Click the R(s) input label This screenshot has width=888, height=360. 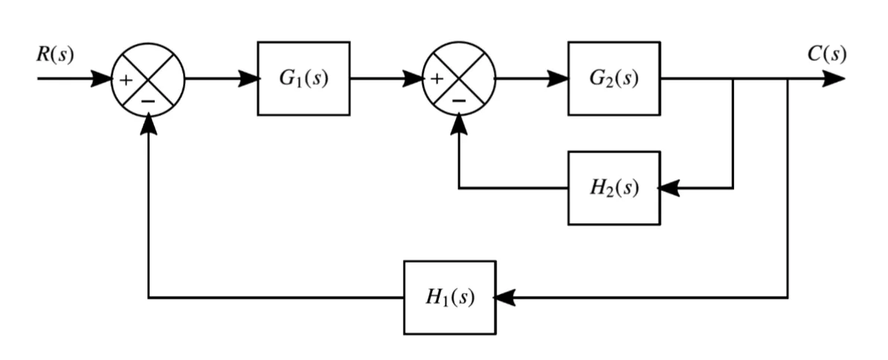(x=56, y=57)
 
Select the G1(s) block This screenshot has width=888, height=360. (x=303, y=79)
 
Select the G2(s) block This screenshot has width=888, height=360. (x=614, y=79)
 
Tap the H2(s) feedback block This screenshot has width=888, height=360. (x=614, y=188)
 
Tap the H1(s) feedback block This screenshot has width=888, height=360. (x=449, y=298)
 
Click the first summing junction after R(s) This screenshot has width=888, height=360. (x=148, y=79)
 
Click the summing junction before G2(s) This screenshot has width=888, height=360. (x=459, y=79)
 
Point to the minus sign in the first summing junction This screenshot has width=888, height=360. (x=149, y=100)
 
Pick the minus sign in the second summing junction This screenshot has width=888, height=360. (x=460, y=100)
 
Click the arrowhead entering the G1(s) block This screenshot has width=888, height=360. (x=248, y=79)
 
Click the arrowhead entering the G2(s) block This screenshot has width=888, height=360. (x=559, y=79)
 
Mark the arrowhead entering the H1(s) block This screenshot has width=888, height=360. (x=505, y=298)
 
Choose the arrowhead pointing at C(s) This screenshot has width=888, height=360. (x=834, y=79)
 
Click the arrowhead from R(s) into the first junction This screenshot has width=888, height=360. (x=101, y=79)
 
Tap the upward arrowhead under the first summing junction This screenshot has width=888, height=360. (x=149, y=125)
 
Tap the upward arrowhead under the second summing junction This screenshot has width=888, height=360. (x=460, y=125)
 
